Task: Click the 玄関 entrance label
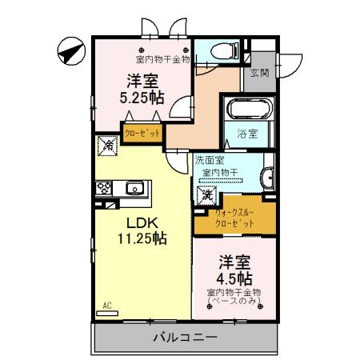(258, 73)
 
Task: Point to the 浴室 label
(247, 134)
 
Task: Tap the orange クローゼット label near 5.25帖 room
(143, 132)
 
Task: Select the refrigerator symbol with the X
(106, 146)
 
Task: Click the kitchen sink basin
(133, 189)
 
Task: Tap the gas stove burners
(103, 189)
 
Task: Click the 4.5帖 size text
(235, 278)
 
